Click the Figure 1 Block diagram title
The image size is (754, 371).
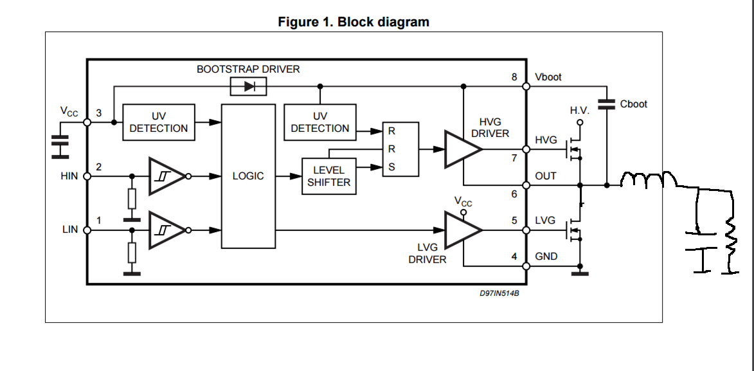pos(353,22)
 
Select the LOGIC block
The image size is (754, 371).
pos(247,176)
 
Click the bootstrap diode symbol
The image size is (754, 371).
pos(249,86)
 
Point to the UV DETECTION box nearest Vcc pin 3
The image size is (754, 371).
pos(159,122)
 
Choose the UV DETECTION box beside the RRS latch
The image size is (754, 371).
pos(319,122)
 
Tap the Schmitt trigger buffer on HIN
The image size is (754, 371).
pos(167,176)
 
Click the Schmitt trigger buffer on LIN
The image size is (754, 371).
pos(167,230)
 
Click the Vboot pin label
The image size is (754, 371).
pos(548,77)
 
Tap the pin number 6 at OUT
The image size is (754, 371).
pos(514,193)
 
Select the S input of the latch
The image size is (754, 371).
pos(391,167)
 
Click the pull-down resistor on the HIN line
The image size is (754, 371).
pos(132,199)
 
